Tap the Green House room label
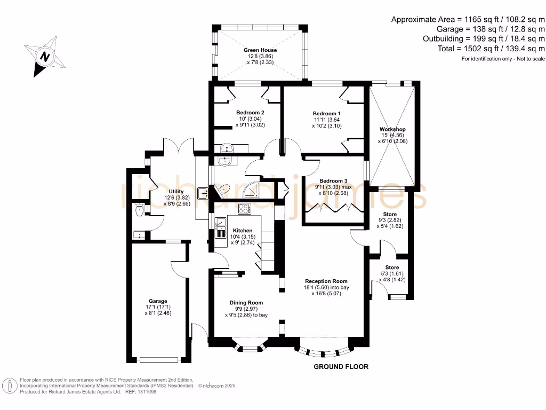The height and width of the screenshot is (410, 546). click(x=260, y=50)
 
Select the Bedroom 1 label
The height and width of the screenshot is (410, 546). click(x=326, y=114)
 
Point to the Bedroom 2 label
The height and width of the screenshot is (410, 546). click(x=250, y=113)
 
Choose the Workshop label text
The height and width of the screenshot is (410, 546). click(x=392, y=130)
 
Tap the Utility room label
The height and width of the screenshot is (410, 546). click(x=176, y=192)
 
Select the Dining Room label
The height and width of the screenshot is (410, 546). click(x=246, y=302)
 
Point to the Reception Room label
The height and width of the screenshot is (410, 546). click(x=326, y=281)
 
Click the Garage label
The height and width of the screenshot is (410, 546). click(x=158, y=301)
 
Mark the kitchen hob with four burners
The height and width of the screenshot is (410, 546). click(x=244, y=209)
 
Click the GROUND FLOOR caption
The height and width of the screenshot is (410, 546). click(x=341, y=367)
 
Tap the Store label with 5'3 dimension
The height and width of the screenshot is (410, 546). click(x=392, y=267)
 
